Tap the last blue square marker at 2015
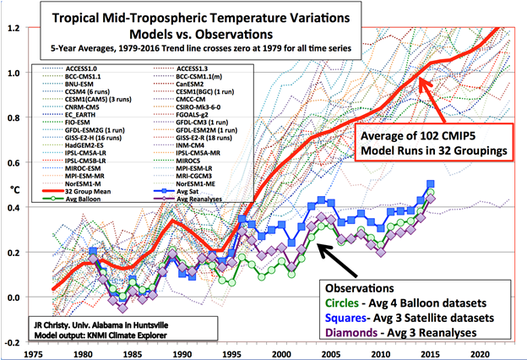432,183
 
